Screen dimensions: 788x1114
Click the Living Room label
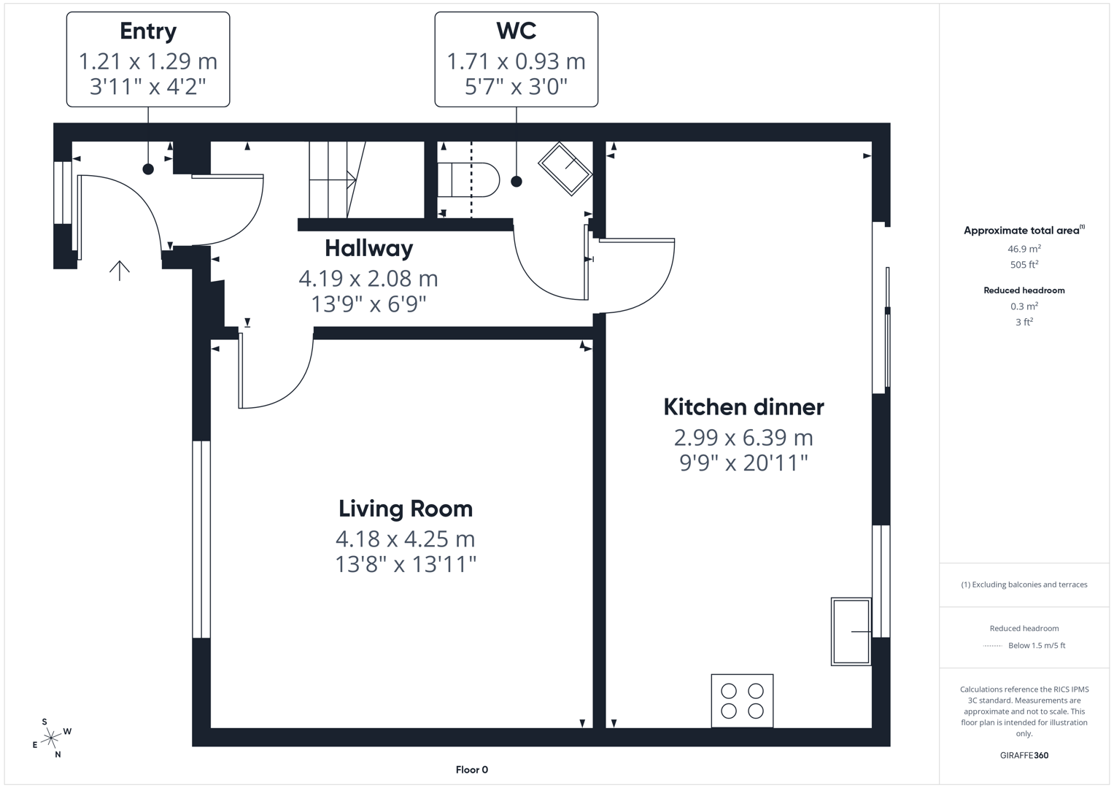[x=405, y=509]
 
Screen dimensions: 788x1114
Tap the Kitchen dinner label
[x=743, y=407]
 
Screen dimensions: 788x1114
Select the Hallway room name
[x=368, y=248]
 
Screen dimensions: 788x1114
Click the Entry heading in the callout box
[x=148, y=31]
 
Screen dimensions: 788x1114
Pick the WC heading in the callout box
[x=516, y=31]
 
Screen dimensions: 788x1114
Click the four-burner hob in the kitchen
[x=742, y=700]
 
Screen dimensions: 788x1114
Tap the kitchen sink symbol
[x=851, y=631]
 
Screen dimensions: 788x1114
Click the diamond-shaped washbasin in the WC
[x=565, y=169]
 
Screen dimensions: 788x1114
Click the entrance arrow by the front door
[x=120, y=270]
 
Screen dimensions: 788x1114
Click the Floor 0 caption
[x=471, y=770]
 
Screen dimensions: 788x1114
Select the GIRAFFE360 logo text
[x=1024, y=755]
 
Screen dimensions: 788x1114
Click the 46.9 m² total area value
[x=1024, y=249]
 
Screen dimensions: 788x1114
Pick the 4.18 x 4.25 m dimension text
[x=405, y=539]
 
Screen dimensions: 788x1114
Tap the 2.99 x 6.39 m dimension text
[x=743, y=438]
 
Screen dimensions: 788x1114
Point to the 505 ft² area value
[x=1024, y=265]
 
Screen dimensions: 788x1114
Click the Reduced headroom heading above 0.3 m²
[x=1024, y=290]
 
